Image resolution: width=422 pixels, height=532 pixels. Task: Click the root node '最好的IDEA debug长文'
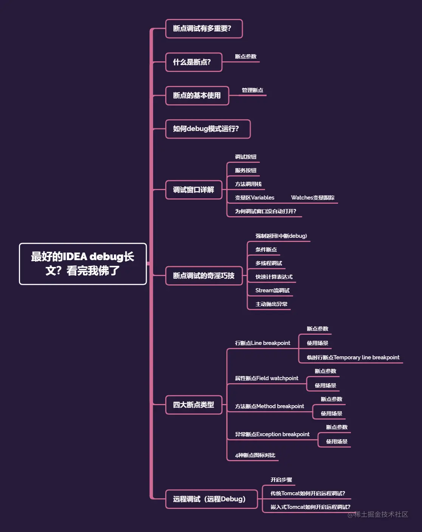pyautogui.click(x=83, y=264)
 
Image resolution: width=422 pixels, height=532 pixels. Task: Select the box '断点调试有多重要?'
pyautogui.click(x=204, y=29)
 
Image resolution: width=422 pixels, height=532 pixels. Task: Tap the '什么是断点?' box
pyautogui.click(x=194, y=62)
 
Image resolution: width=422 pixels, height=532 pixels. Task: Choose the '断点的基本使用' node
pyautogui.click(x=197, y=96)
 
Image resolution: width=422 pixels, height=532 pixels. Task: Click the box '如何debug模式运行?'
pyautogui.click(x=208, y=129)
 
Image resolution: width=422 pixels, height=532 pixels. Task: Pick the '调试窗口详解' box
pyautogui.click(x=194, y=190)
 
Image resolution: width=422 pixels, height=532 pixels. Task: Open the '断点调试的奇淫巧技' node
pyautogui.click(x=204, y=276)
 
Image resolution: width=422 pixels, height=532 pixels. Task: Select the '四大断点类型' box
pyautogui.click(x=194, y=405)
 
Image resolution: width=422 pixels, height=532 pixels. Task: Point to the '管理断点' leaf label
pyautogui.click(x=252, y=90)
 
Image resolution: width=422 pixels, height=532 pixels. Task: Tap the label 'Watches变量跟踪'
pyautogui.click(x=313, y=198)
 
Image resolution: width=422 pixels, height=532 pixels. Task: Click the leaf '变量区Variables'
pyautogui.click(x=254, y=198)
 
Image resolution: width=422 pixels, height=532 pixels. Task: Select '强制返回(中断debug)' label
pyautogui.click(x=281, y=236)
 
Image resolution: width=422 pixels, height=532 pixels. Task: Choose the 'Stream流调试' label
pyautogui.click(x=272, y=290)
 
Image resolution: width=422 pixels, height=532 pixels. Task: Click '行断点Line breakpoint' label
pyautogui.click(x=262, y=343)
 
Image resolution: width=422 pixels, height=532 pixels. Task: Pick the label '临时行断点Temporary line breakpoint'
pyautogui.click(x=353, y=357)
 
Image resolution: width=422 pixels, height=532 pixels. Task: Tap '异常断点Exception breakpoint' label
pyautogui.click(x=272, y=434)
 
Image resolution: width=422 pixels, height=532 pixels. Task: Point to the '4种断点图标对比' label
pyautogui.click(x=255, y=455)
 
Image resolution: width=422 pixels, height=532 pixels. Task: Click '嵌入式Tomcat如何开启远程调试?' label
pyautogui.click(x=310, y=507)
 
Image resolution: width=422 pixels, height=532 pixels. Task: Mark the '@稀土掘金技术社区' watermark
pyautogui.click(x=378, y=514)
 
